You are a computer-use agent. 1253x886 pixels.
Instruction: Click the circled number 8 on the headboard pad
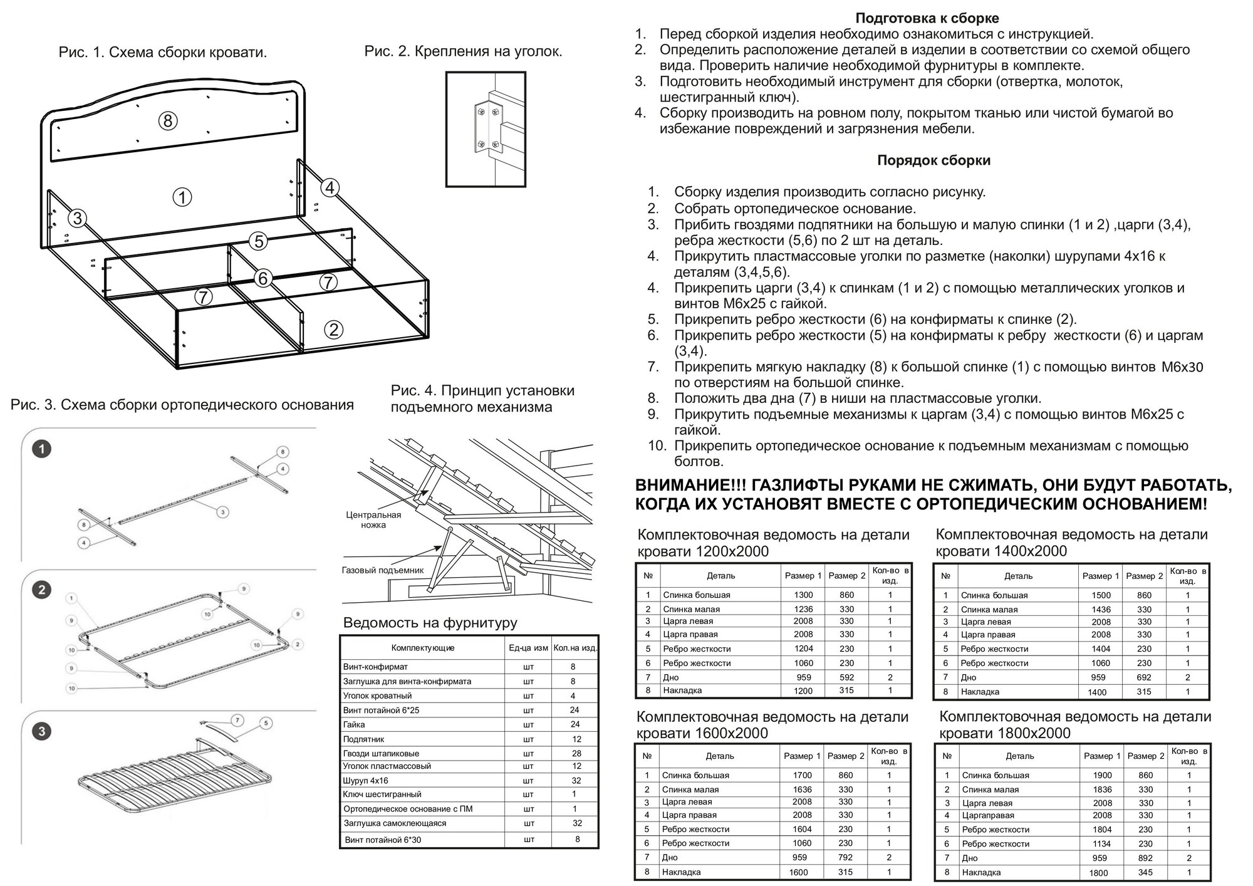click(167, 120)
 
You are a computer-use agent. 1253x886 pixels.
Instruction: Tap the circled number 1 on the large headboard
click(182, 198)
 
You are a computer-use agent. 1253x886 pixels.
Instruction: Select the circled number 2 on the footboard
click(333, 330)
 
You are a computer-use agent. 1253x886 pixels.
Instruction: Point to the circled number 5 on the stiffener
click(257, 241)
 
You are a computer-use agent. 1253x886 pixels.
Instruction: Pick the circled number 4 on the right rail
click(330, 187)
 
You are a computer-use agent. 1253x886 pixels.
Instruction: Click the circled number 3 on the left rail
click(77, 218)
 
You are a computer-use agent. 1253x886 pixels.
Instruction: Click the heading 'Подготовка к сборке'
click(927, 18)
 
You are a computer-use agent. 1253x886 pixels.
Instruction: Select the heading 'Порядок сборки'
click(933, 160)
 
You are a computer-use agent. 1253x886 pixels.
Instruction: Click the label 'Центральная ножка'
click(373, 519)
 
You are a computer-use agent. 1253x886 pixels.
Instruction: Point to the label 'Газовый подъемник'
click(382, 570)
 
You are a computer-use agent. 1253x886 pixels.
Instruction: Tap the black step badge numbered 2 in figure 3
click(42, 590)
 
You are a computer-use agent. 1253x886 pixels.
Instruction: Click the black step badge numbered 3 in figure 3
click(42, 731)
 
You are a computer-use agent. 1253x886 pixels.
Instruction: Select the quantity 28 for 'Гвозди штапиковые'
click(576, 753)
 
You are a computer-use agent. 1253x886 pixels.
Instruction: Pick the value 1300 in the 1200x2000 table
click(803, 595)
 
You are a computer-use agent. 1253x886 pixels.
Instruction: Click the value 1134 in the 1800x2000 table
click(1102, 843)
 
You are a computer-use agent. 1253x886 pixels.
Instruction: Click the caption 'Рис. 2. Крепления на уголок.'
click(463, 51)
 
